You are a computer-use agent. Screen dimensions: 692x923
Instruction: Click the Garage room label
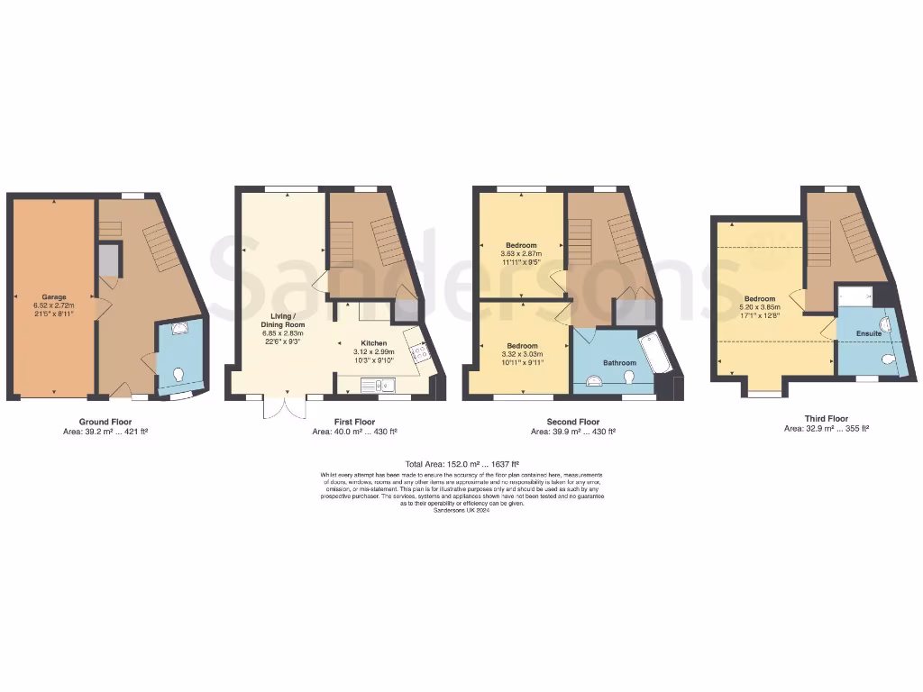54,296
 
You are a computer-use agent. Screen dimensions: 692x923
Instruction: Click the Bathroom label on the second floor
619,363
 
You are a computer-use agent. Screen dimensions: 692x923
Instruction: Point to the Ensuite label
869,333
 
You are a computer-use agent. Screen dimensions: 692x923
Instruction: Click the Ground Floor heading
105,422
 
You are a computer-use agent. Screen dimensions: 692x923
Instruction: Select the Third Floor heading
826,418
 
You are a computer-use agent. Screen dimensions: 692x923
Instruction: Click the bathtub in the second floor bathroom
653,355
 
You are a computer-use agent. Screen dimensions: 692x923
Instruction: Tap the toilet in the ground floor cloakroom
178,375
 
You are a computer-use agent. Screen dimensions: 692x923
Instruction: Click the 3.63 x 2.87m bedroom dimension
521,254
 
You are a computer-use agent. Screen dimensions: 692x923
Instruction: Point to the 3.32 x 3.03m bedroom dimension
521,355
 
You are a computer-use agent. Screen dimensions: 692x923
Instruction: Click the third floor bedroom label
759,299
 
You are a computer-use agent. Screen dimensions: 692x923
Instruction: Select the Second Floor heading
572,422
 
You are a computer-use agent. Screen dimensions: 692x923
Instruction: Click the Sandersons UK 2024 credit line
461,510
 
